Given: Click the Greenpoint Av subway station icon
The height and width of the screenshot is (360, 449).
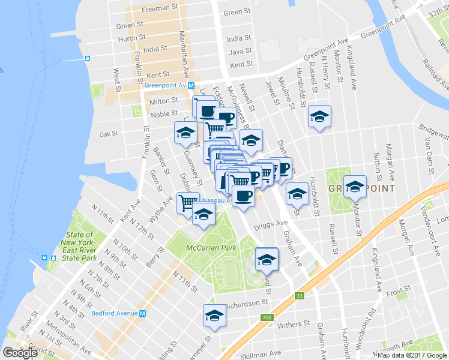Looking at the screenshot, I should pyautogui.click(x=191, y=85).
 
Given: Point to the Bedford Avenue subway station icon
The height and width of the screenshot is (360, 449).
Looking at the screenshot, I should pyautogui.click(x=143, y=313).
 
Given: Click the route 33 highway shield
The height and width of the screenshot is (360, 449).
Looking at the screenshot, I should pyautogui.click(x=299, y=296).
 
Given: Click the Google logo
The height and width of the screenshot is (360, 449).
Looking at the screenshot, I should pyautogui.click(x=20, y=353).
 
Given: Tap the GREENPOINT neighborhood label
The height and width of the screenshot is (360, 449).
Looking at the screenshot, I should pyautogui.click(x=361, y=188).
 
